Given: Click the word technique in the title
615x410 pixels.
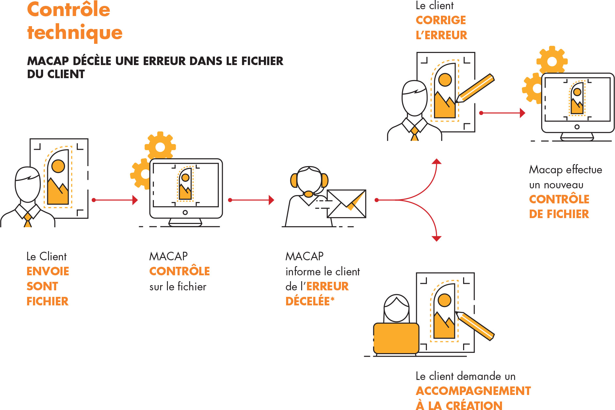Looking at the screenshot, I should (75, 32).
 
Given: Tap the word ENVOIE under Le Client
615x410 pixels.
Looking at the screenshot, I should (48, 271).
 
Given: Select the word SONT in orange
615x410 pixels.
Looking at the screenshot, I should (42, 286).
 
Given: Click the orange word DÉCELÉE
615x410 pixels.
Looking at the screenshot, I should (308, 301).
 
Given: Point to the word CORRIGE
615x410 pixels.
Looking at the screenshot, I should (441, 20).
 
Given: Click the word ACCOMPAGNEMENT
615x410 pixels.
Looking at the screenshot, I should (473, 391).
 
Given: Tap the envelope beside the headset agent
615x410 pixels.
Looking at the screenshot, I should (347, 204).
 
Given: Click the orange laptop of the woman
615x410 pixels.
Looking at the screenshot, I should (396, 338).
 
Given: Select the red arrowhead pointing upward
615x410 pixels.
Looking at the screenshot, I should (437, 161).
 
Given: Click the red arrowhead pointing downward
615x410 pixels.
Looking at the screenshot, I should (437, 239).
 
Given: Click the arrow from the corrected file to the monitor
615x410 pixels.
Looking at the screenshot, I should (503, 113).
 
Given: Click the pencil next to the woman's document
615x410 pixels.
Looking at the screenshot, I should (475, 326).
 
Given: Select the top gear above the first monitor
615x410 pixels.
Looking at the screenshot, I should (160, 147).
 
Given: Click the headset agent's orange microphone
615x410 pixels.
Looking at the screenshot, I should (308, 194).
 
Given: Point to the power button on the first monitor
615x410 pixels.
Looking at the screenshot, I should (185, 213).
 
